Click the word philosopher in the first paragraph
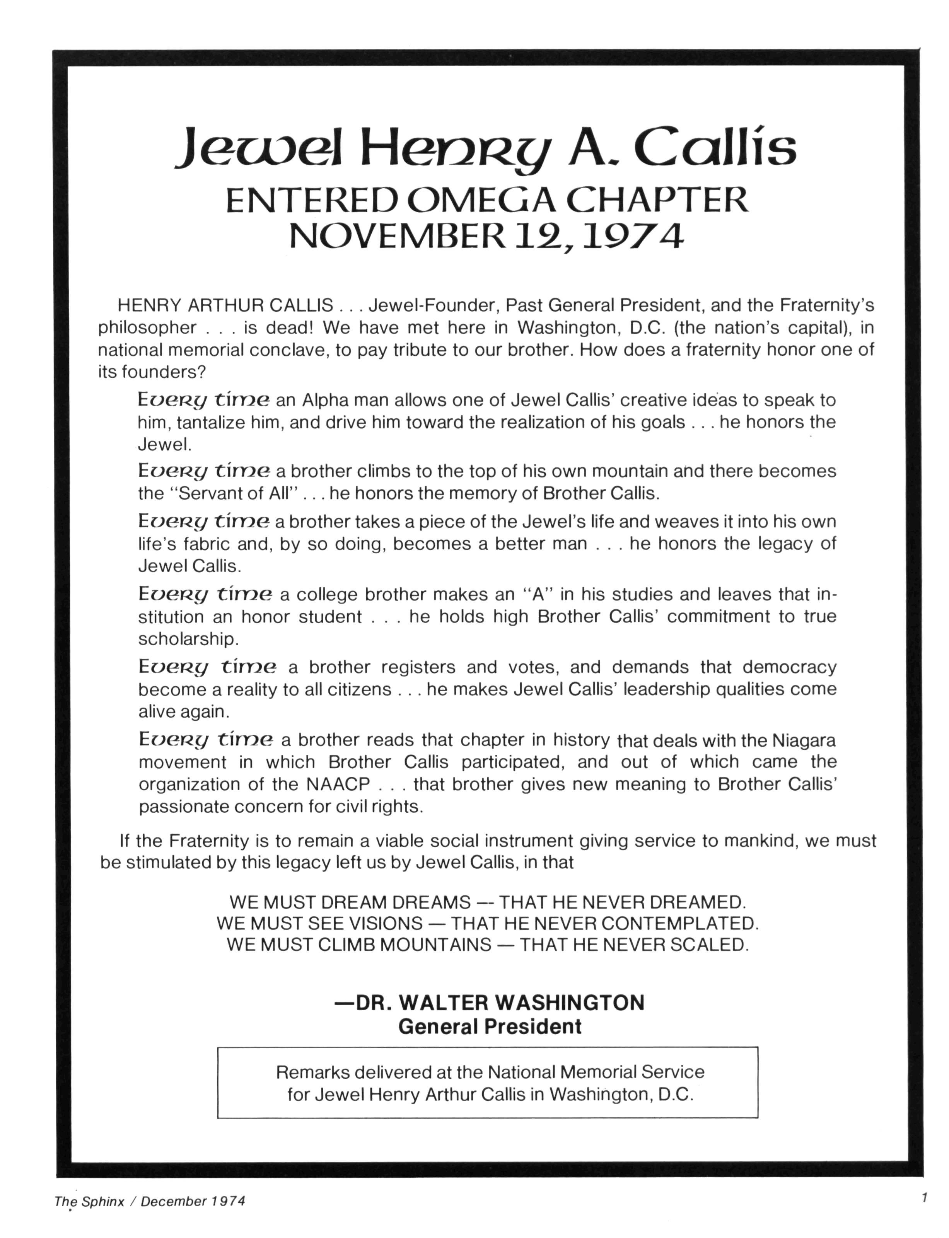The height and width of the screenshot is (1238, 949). pos(148,327)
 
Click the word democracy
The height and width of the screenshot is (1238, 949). pos(789,667)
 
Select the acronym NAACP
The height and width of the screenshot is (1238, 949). pos(338,784)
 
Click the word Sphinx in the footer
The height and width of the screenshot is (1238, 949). pos(103,1201)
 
